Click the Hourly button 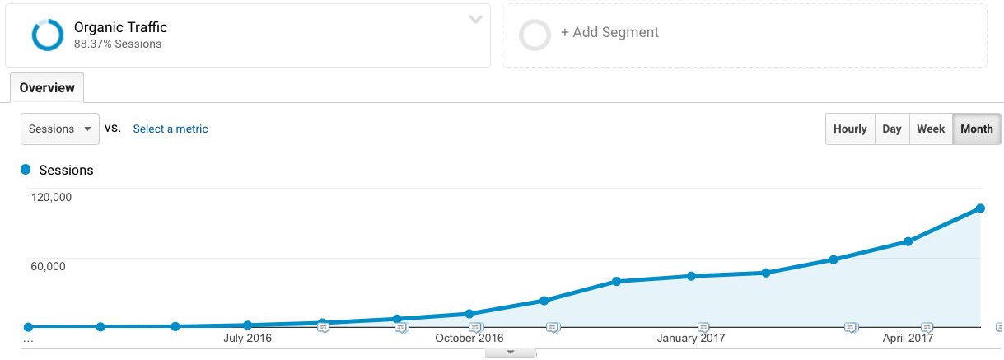click(x=850, y=129)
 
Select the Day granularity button click(x=892, y=129)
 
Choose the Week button click(x=931, y=129)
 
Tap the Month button click(x=977, y=129)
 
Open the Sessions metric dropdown click(x=59, y=129)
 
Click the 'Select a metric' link click(x=170, y=129)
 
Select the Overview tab click(x=47, y=88)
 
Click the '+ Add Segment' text click(x=609, y=33)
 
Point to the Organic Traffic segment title click(x=120, y=27)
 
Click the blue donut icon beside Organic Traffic click(x=47, y=35)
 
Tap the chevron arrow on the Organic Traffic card click(x=475, y=20)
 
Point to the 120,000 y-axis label click(x=51, y=197)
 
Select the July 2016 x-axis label click(x=247, y=338)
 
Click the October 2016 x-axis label click(x=469, y=338)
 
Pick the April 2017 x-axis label click(x=908, y=338)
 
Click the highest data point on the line click(x=980, y=208)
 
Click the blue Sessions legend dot click(x=26, y=170)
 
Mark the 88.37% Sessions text click(x=118, y=44)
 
